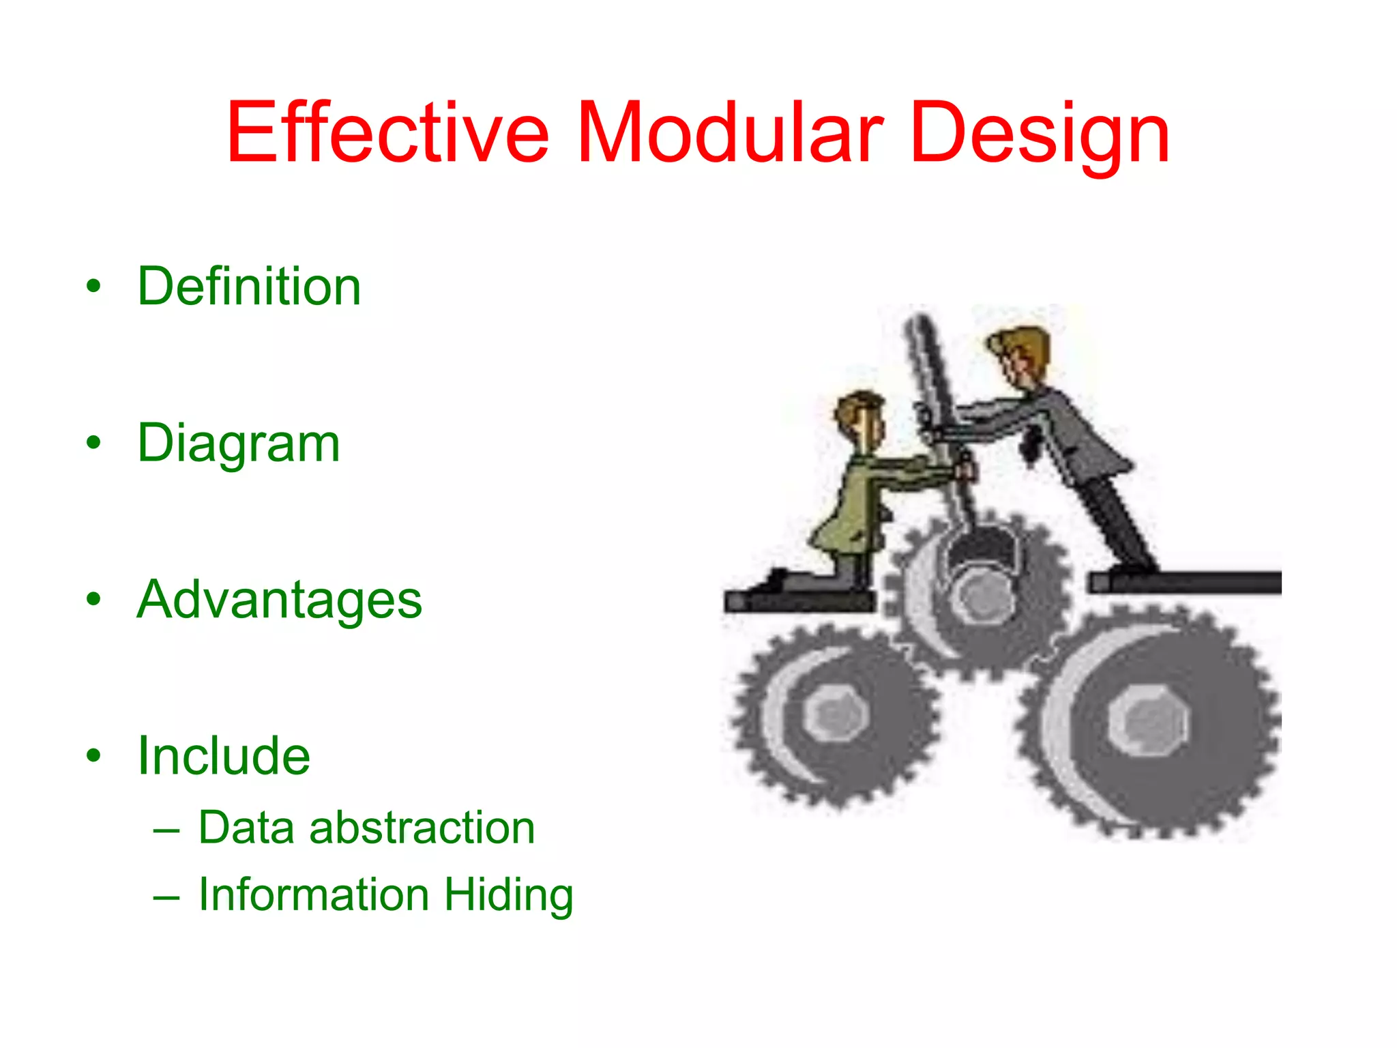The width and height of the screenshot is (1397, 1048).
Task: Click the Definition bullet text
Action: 249,286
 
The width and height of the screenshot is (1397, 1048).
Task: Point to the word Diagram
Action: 238,444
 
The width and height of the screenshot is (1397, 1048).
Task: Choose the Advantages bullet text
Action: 279,600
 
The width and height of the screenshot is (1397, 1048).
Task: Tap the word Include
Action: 224,756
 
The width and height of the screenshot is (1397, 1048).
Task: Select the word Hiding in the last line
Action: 509,895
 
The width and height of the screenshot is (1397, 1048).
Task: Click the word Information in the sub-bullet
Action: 314,894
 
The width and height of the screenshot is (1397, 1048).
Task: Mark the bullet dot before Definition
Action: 93,287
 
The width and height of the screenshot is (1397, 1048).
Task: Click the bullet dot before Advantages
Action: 93,600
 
